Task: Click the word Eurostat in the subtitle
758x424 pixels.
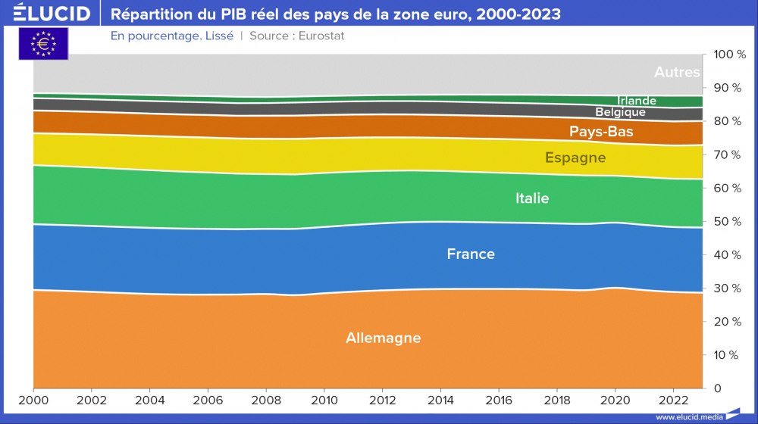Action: point(319,36)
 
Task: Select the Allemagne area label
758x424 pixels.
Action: point(383,338)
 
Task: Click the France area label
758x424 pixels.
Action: point(471,254)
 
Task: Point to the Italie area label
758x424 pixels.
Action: point(532,198)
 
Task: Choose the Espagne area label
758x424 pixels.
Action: point(575,157)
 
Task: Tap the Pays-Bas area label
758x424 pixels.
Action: point(601,132)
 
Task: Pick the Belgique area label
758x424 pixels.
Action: point(620,112)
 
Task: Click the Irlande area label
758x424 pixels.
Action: point(636,101)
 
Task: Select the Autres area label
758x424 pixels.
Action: point(677,73)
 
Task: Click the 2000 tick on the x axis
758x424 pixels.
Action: point(33,399)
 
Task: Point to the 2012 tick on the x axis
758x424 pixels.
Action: point(383,399)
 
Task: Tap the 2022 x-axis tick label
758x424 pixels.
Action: point(674,399)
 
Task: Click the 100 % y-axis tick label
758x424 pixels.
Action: point(730,55)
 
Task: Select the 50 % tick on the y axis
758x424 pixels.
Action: point(730,222)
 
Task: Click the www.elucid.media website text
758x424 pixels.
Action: point(688,416)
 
